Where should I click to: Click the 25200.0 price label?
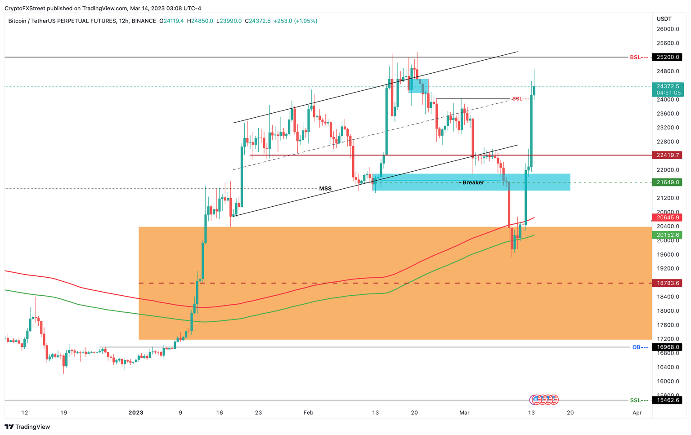point(668,58)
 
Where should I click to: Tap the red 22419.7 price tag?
point(668,155)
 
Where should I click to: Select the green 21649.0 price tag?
point(668,182)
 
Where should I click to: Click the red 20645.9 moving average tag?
point(668,217)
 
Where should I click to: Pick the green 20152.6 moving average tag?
point(668,235)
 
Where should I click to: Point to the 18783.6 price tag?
point(668,283)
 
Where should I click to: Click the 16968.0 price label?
point(668,347)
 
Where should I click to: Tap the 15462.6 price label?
point(668,400)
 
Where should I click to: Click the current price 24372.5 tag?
point(668,86)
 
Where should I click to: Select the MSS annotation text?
point(325,189)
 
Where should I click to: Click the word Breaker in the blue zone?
point(473,182)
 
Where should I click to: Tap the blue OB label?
point(636,347)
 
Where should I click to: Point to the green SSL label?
point(635,400)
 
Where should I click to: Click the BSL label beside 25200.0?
point(635,58)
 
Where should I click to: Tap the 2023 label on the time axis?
point(135,413)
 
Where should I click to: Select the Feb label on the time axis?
point(308,413)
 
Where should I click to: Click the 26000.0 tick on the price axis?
point(668,29)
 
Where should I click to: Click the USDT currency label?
point(664,19)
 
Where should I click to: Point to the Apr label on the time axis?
point(637,413)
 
